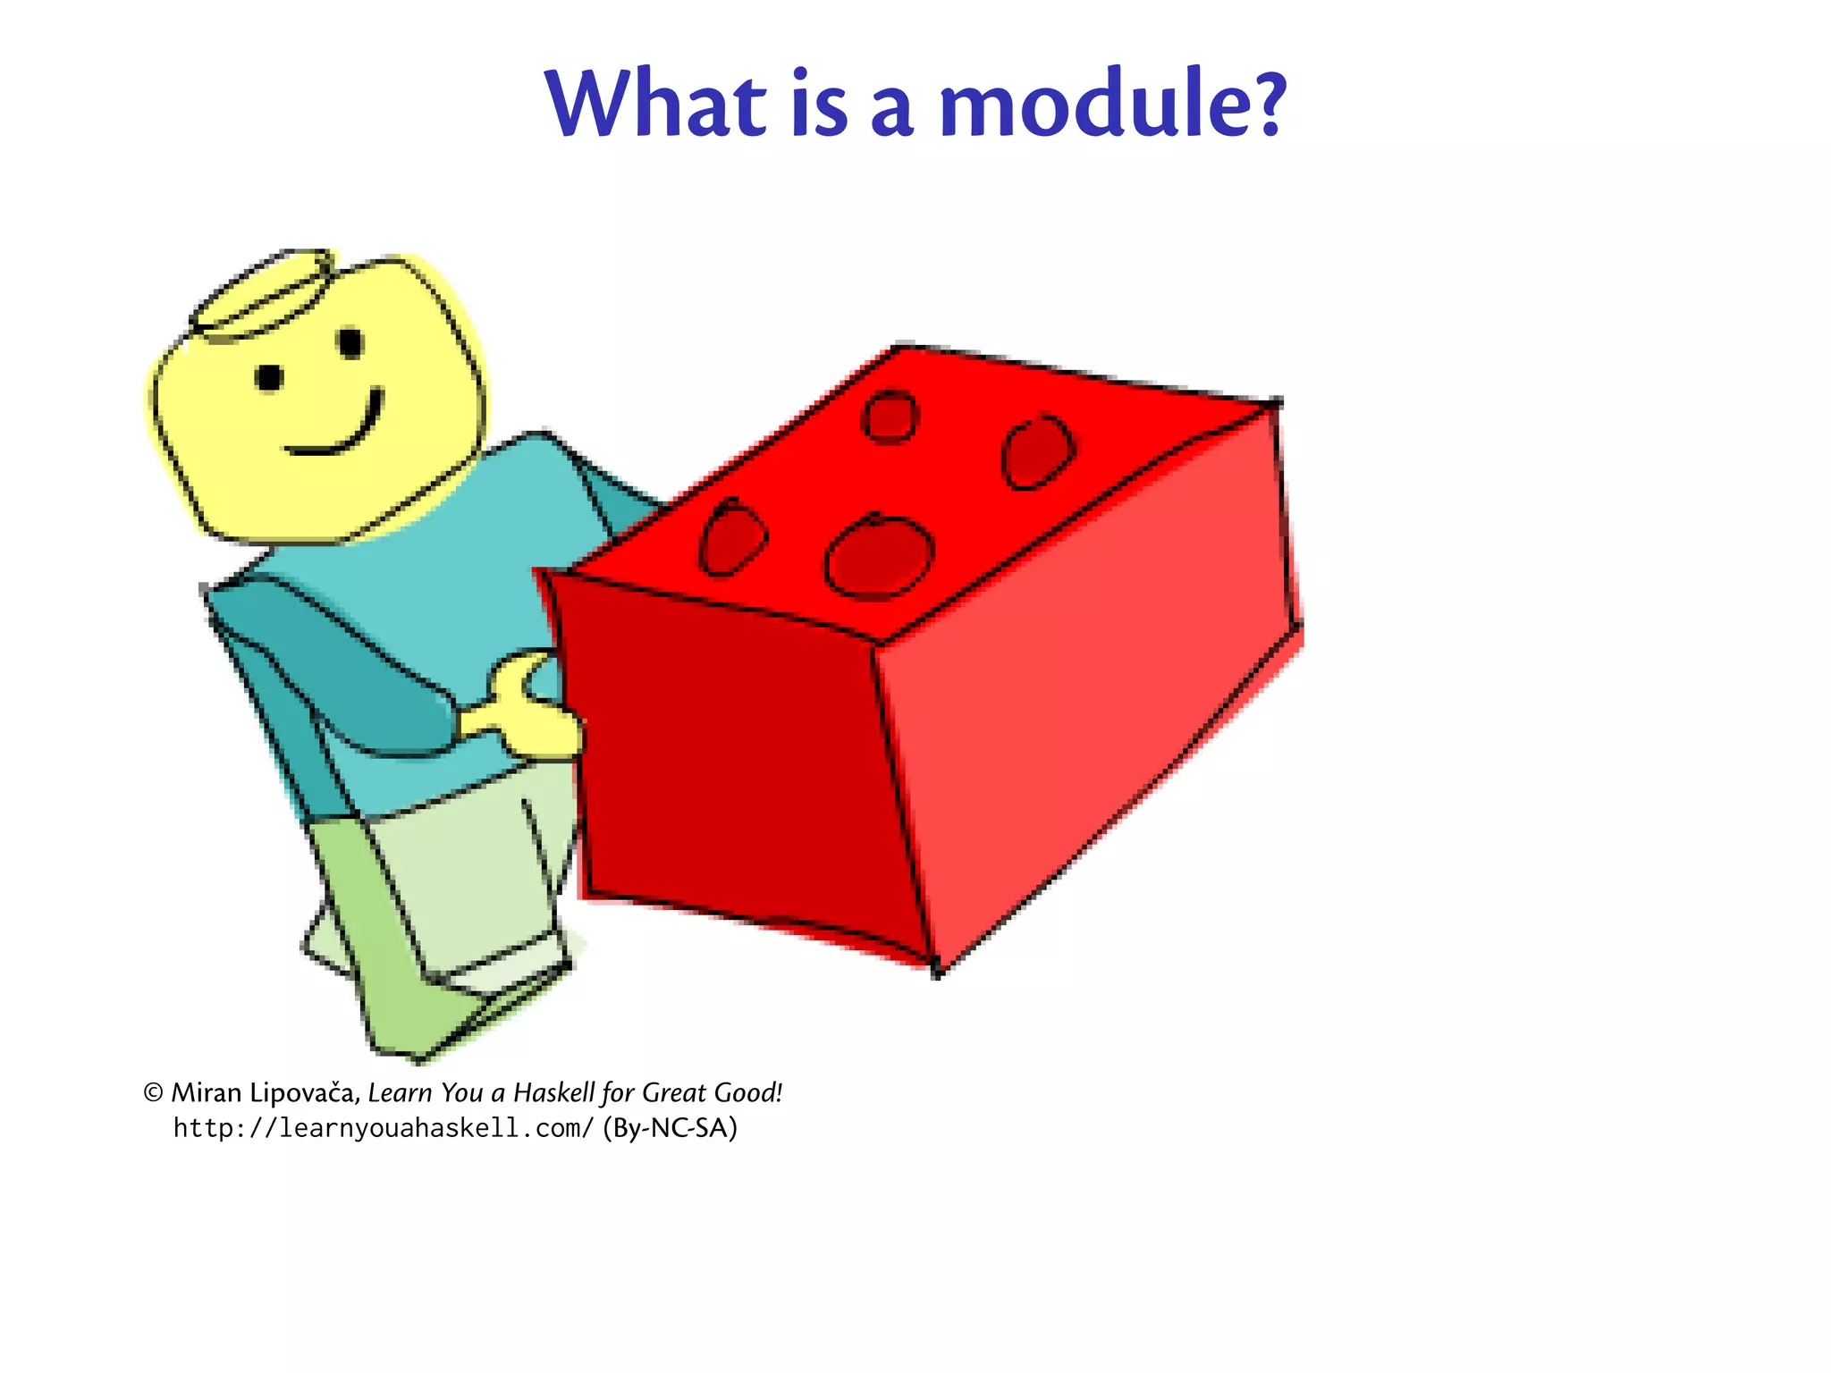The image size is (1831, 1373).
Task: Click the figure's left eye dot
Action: coord(269,377)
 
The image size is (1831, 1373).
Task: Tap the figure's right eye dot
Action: coord(350,342)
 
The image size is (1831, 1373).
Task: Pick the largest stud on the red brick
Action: coord(881,556)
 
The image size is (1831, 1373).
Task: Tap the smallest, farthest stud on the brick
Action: coord(890,416)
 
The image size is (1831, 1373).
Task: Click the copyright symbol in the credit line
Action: coord(154,1092)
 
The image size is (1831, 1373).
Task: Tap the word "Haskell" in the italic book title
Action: coord(553,1092)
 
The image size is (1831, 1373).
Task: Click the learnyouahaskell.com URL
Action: coord(383,1128)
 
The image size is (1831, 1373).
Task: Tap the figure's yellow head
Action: coord(322,402)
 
